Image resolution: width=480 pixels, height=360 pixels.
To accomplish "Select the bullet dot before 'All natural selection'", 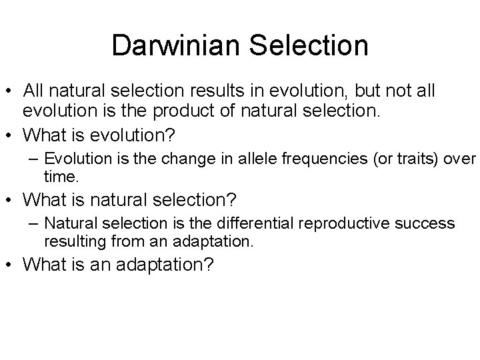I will click(x=11, y=90).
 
